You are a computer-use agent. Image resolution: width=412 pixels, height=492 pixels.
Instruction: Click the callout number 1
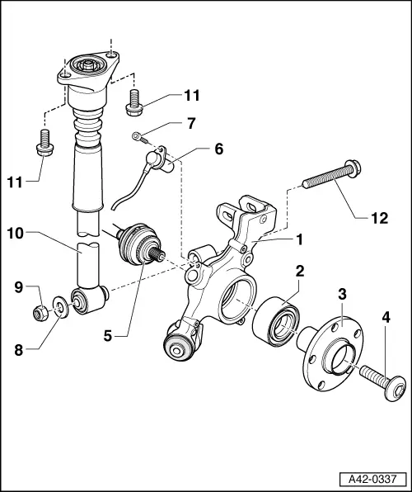pyautogui.click(x=300, y=239)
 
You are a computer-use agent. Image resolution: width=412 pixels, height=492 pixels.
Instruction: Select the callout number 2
pyautogui.click(x=301, y=270)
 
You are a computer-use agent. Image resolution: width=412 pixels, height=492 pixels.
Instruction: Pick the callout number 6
pyautogui.click(x=218, y=149)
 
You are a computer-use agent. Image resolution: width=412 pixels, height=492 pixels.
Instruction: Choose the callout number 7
pyautogui.click(x=191, y=123)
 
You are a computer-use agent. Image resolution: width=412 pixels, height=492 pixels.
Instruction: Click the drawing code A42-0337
pyautogui.click(x=374, y=478)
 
